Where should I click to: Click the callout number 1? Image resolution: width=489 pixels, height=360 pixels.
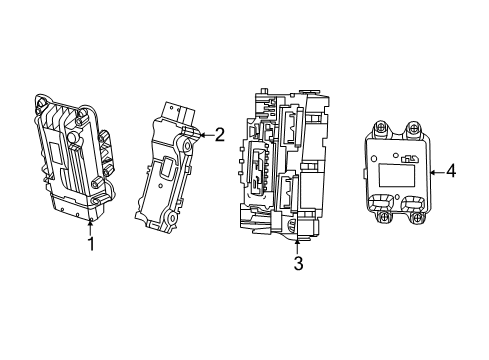(x=91, y=243)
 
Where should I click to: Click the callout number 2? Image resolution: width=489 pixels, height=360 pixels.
(x=220, y=136)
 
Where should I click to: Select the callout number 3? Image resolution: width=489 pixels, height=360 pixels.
(x=298, y=264)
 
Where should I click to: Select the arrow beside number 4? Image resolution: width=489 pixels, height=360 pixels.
(x=435, y=171)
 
